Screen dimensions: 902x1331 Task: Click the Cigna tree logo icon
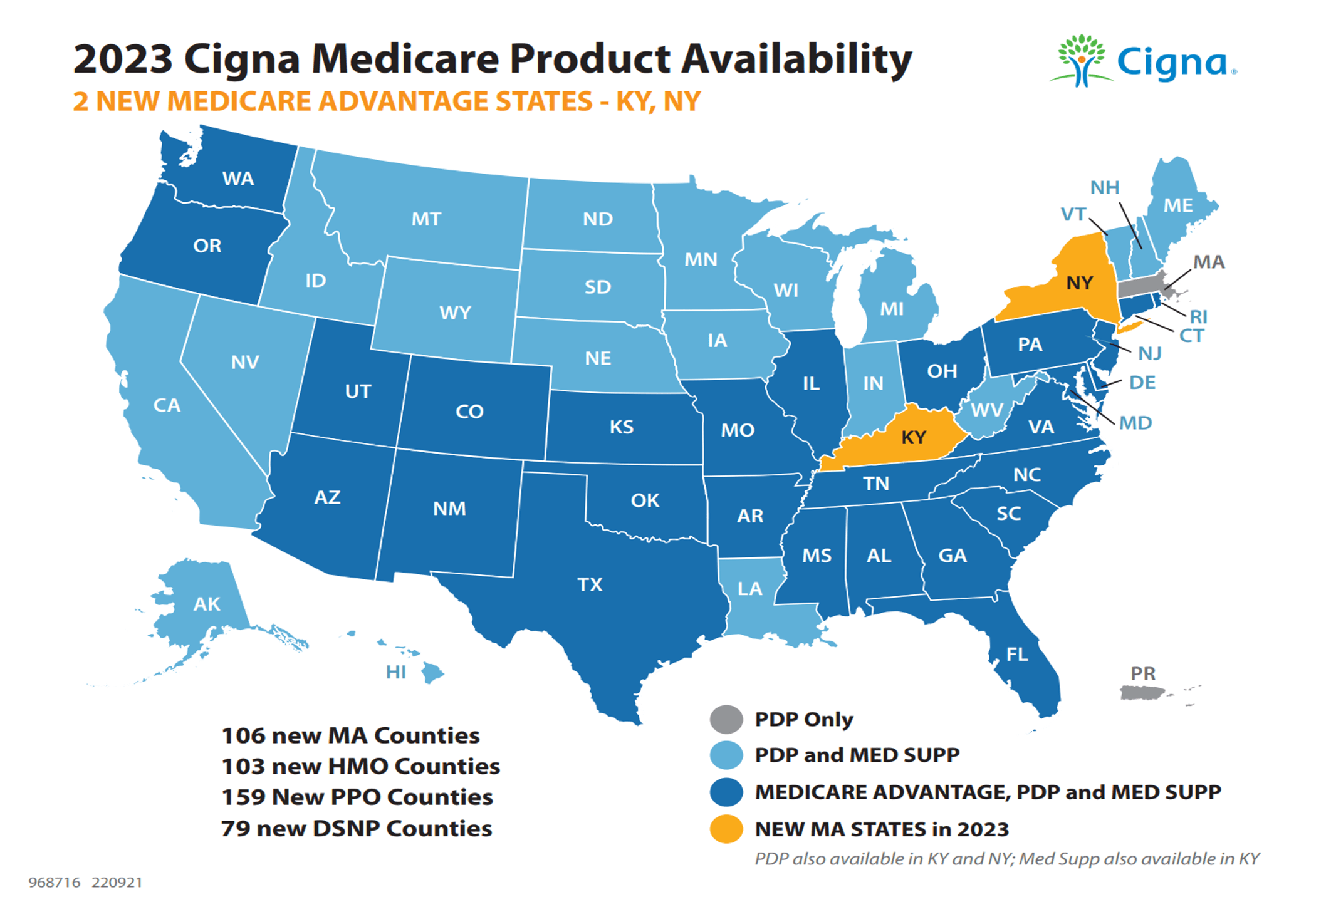tap(1081, 61)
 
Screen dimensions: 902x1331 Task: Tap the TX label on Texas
tap(589, 584)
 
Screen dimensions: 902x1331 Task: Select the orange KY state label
tap(913, 437)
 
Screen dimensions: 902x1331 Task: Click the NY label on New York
tap(1079, 283)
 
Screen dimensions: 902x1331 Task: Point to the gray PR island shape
tap(1140, 692)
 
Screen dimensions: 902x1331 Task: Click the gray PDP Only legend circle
tap(726, 719)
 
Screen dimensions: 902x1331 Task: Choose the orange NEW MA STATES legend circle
tap(726, 829)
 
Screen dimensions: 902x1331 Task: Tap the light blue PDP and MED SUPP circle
tap(726, 755)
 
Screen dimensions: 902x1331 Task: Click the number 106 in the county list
tap(243, 735)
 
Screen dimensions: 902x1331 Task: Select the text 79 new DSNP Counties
tap(356, 828)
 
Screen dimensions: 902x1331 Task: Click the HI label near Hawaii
tap(395, 673)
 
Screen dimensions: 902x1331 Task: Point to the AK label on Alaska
tap(206, 604)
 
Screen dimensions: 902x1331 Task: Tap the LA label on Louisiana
tap(749, 589)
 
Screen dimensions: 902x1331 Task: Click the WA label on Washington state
tap(238, 179)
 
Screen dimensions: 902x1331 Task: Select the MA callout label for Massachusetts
tap(1208, 262)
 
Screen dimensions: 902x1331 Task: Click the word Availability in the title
tap(796, 60)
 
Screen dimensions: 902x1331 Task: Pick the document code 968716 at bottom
tap(55, 883)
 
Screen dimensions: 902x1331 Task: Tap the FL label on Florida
tap(1016, 655)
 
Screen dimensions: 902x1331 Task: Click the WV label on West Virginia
tap(987, 410)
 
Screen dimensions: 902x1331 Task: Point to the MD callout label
tap(1135, 423)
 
